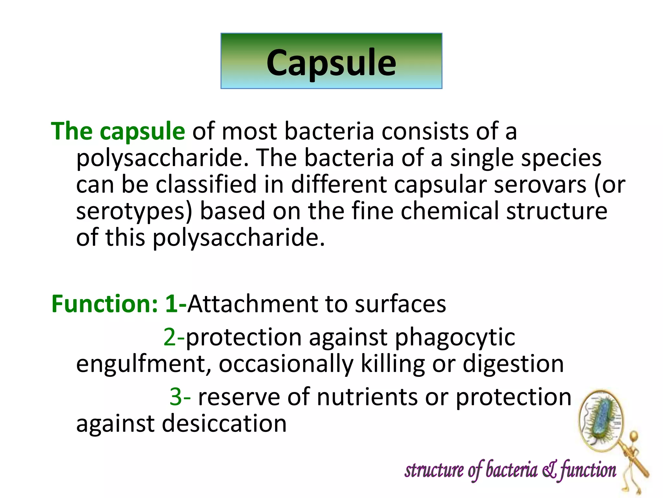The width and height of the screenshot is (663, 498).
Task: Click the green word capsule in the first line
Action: [x=142, y=131]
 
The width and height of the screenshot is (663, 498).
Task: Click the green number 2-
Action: [x=174, y=337]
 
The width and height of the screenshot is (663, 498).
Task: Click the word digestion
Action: [x=513, y=364]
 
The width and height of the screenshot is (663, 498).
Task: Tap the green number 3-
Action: [x=180, y=397]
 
